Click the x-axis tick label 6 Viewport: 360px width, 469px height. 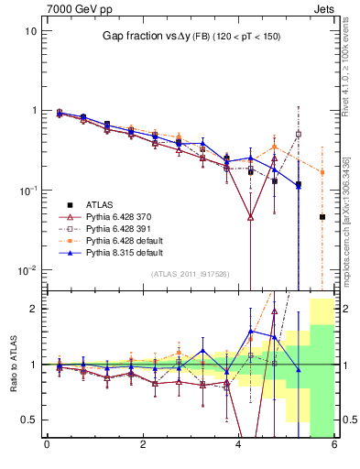(x=334, y=445)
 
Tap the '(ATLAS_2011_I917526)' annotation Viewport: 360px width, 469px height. (x=191, y=274)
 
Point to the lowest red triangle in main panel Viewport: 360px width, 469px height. (x=250, y=217)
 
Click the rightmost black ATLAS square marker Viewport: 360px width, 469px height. (x=322, y=217)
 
